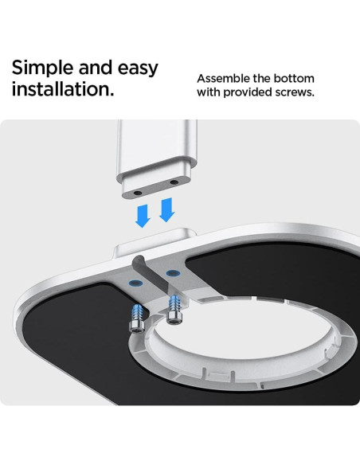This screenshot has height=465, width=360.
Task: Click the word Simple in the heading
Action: point(43,68)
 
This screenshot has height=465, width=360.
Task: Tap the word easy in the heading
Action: point(138,69)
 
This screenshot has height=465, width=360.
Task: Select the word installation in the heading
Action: point(63,88)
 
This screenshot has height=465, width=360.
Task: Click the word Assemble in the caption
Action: point(223,79)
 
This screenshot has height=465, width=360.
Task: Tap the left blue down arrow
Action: point(143,216)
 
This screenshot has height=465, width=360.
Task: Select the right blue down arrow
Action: point(167,209)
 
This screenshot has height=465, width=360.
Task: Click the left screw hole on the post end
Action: point(138,193)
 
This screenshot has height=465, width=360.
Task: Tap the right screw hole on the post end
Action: point(174,182)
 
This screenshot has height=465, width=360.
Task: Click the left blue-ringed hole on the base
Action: point(136,283)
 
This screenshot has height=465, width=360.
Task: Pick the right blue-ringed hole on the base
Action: point(172,273)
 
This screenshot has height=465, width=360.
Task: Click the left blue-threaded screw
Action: point(137,318)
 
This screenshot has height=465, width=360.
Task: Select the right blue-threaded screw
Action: point(174,309)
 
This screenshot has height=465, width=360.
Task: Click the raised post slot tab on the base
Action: point(155,242)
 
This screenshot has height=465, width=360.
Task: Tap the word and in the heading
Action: point(96,68)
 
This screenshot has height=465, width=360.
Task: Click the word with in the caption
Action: point(209,92)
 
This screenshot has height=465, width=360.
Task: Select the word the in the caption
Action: point(261,79)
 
